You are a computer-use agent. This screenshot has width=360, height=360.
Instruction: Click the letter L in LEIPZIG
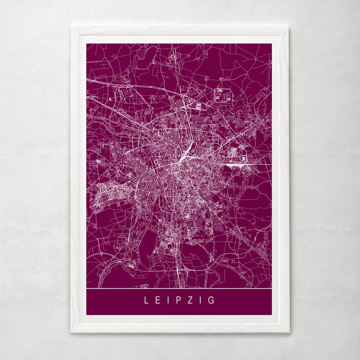coord(147,300)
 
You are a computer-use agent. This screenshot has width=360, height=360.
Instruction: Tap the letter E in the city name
coord(158,300)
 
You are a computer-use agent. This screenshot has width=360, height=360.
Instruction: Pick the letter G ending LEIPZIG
coord(211,300)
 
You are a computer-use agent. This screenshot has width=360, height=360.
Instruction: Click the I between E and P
coord(168,300)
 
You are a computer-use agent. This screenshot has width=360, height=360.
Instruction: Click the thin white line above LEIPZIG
coord(179,289)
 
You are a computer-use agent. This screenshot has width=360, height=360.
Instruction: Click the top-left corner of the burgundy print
coord(87,44)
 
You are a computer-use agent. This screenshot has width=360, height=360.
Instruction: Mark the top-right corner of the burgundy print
coord(272,44)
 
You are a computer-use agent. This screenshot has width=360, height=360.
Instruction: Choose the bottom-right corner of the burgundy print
coord(272,315)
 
